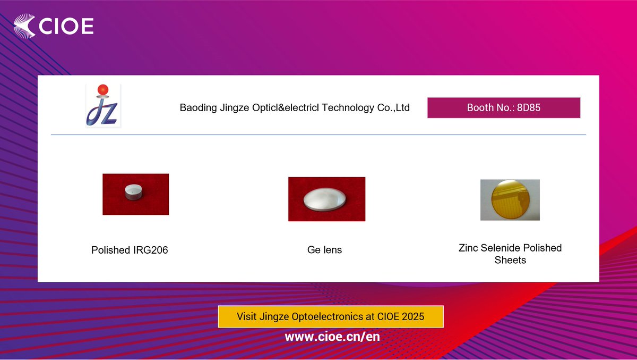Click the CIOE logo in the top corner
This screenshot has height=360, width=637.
click(x=54, y=26)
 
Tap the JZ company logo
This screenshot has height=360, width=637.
click(x=103, y=105)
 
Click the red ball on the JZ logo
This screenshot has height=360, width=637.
click(x=103, y=89)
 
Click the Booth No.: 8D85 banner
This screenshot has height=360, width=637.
click(x=503, y=107)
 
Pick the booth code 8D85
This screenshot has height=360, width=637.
click(x=529, y=107)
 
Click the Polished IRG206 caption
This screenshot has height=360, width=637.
click(x=130, y=250)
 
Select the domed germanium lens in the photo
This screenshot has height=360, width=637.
click(x=325, y=200)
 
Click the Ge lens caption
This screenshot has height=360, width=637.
click(x=324, y=250)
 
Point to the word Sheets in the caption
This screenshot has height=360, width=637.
click(x=510, y=261)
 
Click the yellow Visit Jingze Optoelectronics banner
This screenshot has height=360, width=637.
click(x=330, y=316)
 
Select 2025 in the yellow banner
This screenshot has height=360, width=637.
click(x=413, y=316)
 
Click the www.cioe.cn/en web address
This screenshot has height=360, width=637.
click(x=332, y=337)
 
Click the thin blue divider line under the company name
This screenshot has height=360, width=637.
click(x=318, y=135)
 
